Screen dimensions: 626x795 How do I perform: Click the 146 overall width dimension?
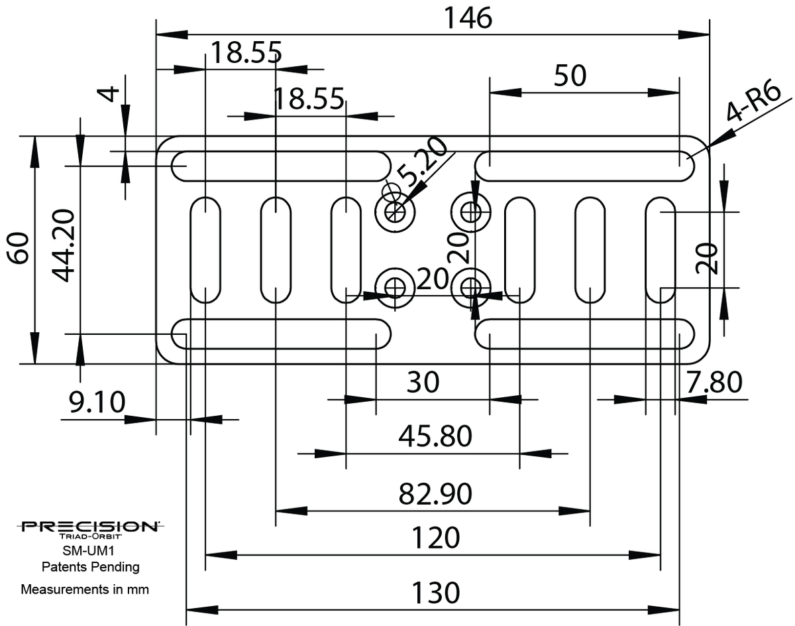pos(467,18)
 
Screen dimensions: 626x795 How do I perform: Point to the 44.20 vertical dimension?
pos(62,245)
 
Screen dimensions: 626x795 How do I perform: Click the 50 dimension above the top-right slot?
pos(570,76)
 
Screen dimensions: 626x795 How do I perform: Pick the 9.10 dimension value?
pos(97,402)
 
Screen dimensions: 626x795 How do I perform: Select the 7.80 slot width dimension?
pos(714,383)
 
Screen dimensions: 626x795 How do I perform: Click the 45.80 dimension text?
pos(435,436)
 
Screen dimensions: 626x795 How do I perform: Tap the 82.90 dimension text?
pos(435,494)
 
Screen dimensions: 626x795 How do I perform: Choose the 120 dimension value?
pos(435,538)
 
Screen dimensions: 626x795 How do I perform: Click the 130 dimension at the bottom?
pos(435,592)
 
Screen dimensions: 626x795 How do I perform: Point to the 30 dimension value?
pos(423,383)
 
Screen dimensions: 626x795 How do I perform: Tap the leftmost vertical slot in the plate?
pos(205,249)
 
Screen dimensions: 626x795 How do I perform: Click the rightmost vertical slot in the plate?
pos(661,249)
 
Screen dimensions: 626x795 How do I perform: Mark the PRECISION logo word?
pos(89,527)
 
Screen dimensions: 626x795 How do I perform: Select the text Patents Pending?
pos(90,567)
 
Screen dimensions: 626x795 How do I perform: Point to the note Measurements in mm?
pos(85,589)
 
